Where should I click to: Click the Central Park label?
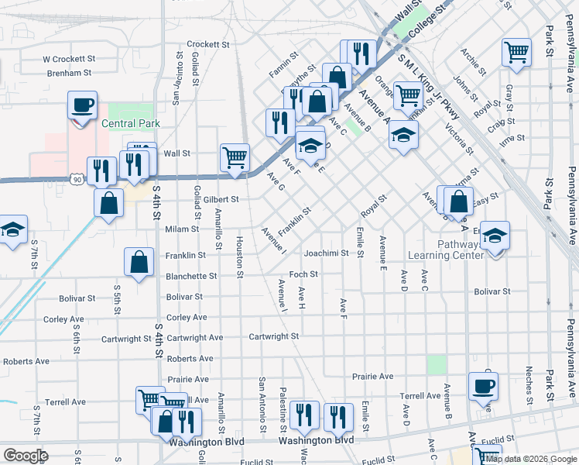pyautogui.click(x=130, y=123)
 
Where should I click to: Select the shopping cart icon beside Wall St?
pyautogui.click(x=235, y=157)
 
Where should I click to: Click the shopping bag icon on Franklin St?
pyautogui.click(x=139, y=261)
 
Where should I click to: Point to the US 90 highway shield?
pyautogui.click(x=75, y=180)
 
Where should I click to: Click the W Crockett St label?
pyautogui.click(x=68, y=58)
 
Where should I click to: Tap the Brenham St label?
pyautogui.click(x=69, y=73)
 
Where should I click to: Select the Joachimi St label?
pyautogui.click(x=327, y=253)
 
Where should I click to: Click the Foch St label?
pyautogui.click(x=303, y=274)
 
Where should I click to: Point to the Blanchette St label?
pyautogui.click(x=191, y=276)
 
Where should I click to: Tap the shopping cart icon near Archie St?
pyautogui.click(x=516, y=52)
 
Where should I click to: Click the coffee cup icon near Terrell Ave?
pyautogui.click(x=483, y=385)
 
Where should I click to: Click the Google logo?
pyautogui.click(x=25, y=456)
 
